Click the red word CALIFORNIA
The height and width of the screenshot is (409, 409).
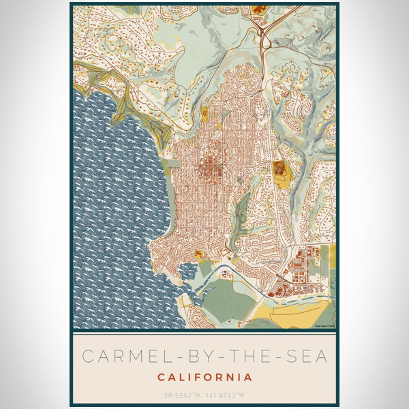tap(204, 377)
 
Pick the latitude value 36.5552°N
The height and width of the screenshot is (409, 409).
tap(182, 395)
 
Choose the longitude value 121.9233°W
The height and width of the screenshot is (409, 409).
tap(227, 395)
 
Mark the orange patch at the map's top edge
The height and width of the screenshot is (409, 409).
tap(259, 9)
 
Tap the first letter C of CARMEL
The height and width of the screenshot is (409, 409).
tap(88, 357)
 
